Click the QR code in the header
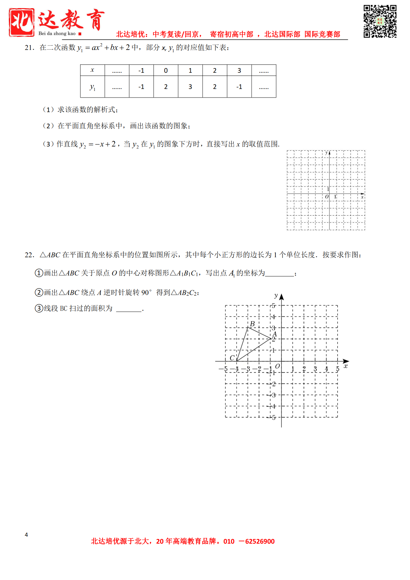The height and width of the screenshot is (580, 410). point(380,21)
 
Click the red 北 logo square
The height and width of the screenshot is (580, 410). point(22,22)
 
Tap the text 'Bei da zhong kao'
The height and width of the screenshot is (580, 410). point(57,33)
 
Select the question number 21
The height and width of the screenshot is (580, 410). point(29,48)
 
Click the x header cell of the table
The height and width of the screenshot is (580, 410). point(92,70)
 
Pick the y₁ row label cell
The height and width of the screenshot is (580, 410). point(92,87)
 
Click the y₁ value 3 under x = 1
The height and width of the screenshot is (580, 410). point(190,87)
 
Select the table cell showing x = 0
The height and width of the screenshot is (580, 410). point(166,70)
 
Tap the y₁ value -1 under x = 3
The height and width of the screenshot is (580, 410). point(239,87)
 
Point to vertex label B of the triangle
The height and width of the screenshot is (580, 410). point(252,324)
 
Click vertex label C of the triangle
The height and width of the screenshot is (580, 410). point(232,358)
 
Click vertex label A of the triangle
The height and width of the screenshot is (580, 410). point(274,334)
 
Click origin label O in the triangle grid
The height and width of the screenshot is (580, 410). point(277,366)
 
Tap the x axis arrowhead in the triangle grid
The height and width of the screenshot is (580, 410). point(346,361)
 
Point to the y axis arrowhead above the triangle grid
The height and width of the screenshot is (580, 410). point(281,297)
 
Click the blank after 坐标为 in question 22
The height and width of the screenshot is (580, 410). point(279,273)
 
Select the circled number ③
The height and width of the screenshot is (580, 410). point(39,309)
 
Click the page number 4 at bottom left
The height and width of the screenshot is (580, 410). point(26,535)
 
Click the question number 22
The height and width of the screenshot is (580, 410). point(29,255)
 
